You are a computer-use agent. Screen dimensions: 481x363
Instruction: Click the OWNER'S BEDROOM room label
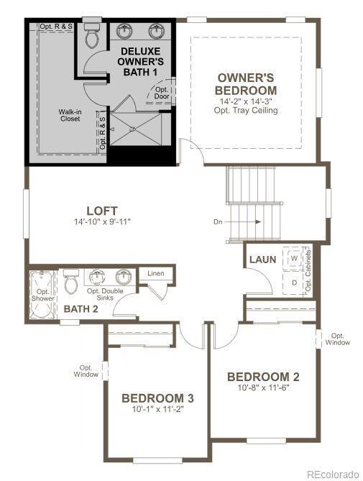pyautogui.click(x=246, y=83)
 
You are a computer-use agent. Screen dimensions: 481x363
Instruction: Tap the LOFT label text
pyautogui.click(x=102, y=211)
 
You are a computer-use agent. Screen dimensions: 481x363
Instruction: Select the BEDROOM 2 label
pyautogui.click(x=263, y=377)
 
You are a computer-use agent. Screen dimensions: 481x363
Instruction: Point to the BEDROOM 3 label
pyautogui.click(x=157, y=398)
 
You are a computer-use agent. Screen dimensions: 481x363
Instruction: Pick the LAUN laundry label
pyautogui.click(x=263, y=259)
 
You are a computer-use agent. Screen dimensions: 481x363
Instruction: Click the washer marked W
pyautogui.click(x=294, y=257)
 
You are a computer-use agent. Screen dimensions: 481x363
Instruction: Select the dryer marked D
pyautogui.click(x=294, y=283)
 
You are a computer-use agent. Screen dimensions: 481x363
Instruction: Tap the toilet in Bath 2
pyautogui.click(x=70, y=283)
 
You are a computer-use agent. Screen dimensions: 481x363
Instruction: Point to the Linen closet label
pyautogui.click(x=156, y=274)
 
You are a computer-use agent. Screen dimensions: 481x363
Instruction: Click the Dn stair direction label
pyautogui.click(x=218, y=221)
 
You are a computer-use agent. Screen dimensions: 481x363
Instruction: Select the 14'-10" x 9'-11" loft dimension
pyautogui.click(x=102, y=221)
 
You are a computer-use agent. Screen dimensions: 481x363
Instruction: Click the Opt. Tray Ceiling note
pyautogui.click(x=246, y=111)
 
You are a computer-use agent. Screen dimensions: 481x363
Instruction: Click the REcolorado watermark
pyautogui.click(x=331, y=474)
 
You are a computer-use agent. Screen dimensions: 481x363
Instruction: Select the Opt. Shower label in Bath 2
pyautogui.click(x=42, y=294)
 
